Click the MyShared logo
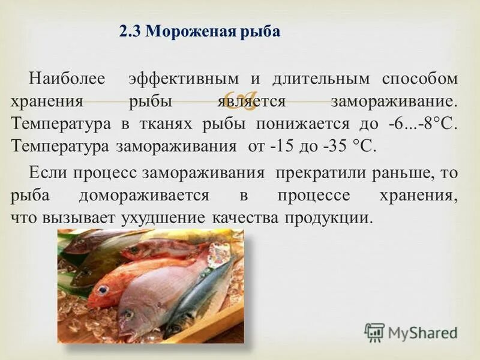click(x=410, y=332)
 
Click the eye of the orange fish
click(x=103, y=290)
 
